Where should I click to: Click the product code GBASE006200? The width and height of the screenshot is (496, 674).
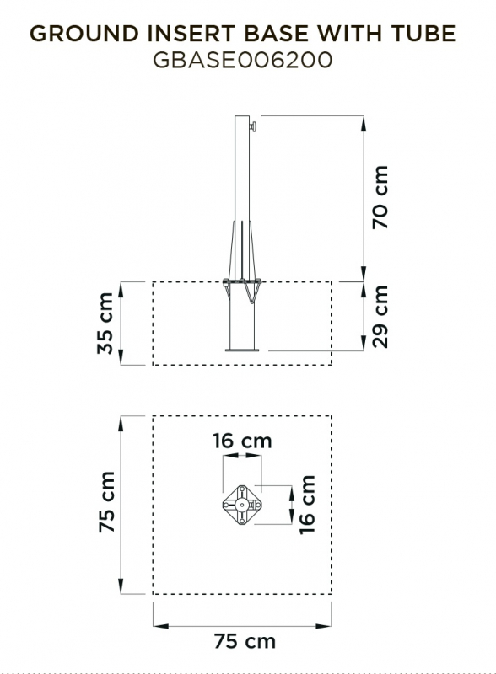point(242,60)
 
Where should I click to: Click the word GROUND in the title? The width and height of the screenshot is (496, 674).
point(84,34)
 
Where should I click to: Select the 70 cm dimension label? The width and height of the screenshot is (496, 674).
point(380,197)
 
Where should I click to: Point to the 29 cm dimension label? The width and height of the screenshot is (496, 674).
point(380,317)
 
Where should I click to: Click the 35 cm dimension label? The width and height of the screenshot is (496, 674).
point(105,324)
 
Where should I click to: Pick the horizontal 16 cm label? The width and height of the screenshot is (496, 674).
point(242,441)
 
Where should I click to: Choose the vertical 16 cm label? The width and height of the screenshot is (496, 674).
point(307,505)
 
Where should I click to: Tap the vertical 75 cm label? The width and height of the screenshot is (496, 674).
point(106,502)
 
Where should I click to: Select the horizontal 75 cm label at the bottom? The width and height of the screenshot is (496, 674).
point(245,641)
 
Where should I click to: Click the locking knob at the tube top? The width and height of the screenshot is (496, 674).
point(253,127)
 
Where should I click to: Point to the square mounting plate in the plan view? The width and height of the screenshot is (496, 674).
point(242,505)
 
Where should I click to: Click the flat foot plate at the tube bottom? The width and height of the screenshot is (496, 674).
point(242,350)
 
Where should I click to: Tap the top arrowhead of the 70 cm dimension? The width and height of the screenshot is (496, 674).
point(364,123)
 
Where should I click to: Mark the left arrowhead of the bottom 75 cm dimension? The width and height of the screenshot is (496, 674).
point(160,626)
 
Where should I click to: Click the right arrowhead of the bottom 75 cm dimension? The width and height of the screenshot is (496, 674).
point(324,626)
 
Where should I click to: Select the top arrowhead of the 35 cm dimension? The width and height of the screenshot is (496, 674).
point(121,289)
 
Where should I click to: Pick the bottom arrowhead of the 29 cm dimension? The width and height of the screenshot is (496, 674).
point(364,344)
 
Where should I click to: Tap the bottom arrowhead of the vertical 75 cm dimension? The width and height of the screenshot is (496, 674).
point(121,586)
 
